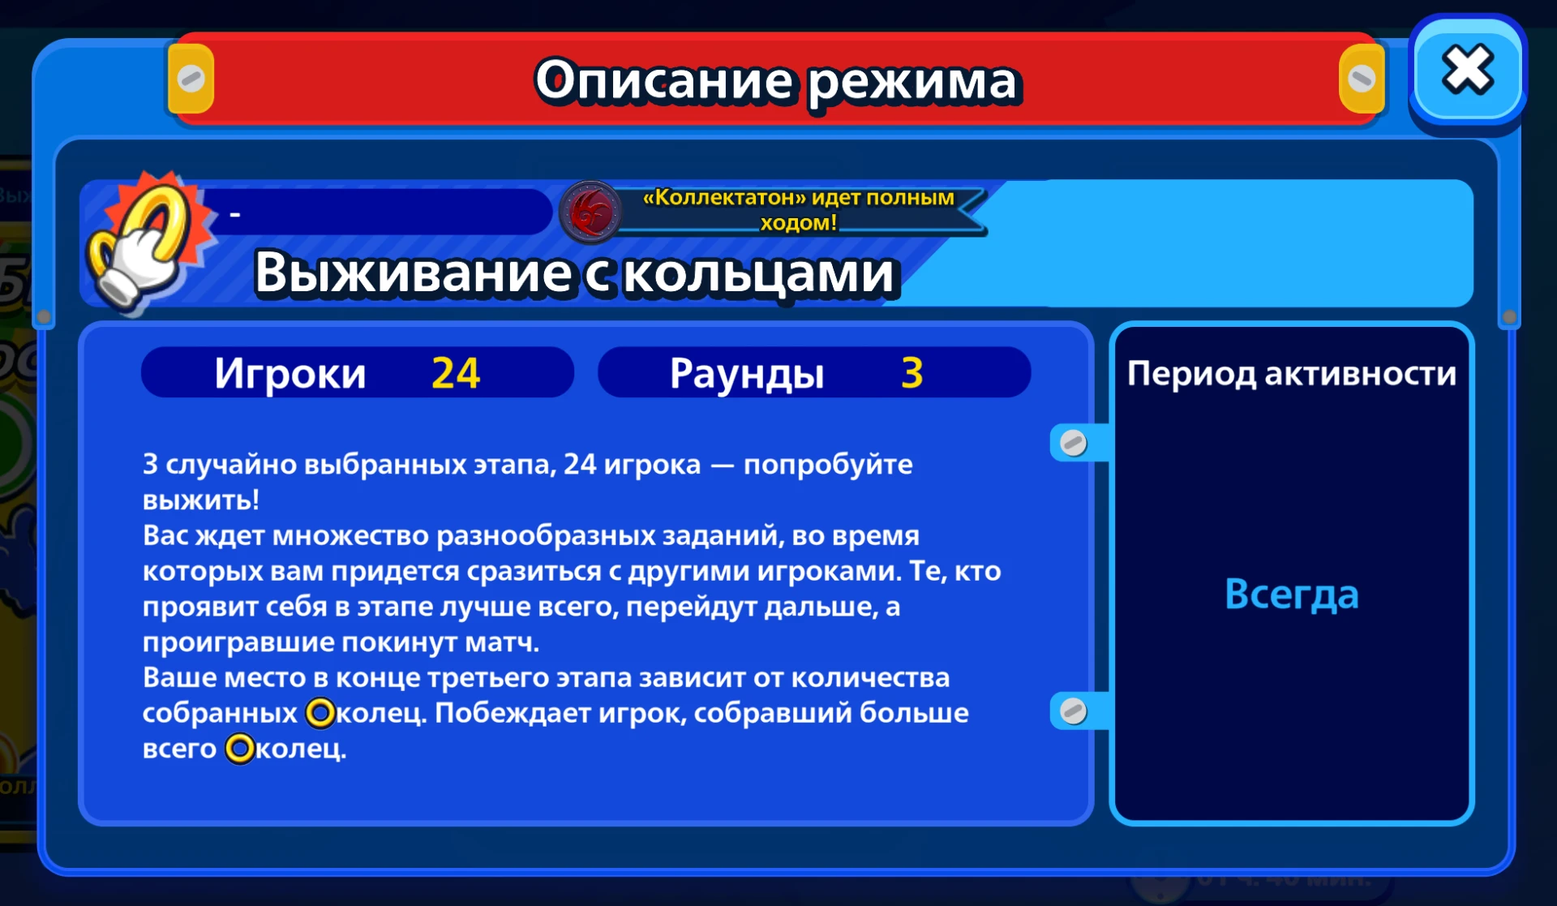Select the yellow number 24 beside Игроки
(456, 373)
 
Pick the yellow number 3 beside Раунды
(912, 373)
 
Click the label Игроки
(290, 374)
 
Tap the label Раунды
(747, 374)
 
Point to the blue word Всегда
(1291, 595)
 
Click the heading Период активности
(1292, 373)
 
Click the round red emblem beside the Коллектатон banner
(591, 211)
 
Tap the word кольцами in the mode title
(759, 273)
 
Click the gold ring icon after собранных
(320, 713)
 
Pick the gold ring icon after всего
(239, 749)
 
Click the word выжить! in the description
(201, 500)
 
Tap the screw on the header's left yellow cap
(191, 79)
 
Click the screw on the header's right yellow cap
(1361, 79)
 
